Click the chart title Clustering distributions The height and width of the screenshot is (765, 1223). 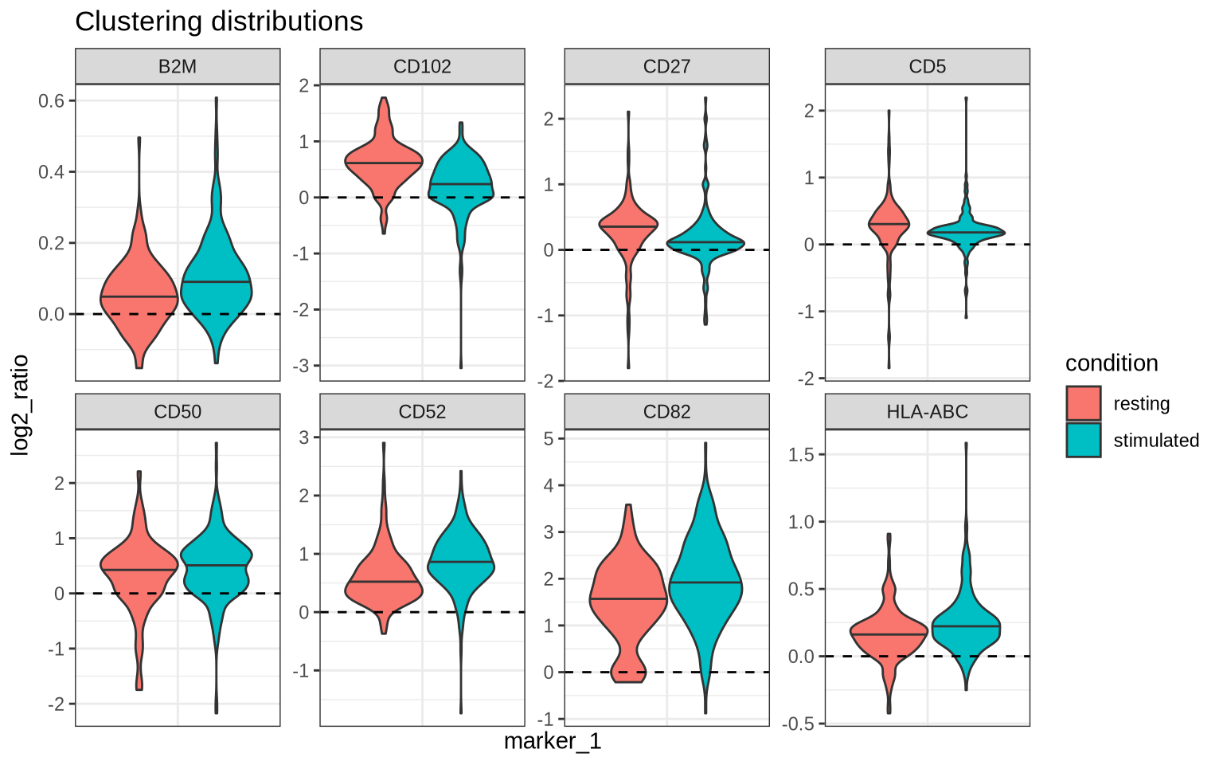coord(219,22)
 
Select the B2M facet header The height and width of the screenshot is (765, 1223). coord(178,66)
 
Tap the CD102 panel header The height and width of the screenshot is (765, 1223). coord(422,66)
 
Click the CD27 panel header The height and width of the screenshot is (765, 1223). coord(666,66)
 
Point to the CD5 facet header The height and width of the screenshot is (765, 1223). coord(927,66)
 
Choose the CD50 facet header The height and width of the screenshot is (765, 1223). coord(178,411)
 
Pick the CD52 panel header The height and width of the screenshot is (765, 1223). coord(422,411)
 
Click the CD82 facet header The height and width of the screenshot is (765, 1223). coord(666,411)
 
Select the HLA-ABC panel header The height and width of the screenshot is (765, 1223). coord(927,411)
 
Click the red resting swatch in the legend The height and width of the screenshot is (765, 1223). coord(1084,403)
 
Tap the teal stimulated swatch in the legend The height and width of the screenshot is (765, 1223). coord(1084,440)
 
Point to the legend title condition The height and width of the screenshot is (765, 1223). coord(1112,363)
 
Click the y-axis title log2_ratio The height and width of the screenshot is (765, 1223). coord(21,405)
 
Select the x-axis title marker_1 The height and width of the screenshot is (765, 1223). coord(553,742)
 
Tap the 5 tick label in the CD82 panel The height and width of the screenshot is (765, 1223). coord(548,438)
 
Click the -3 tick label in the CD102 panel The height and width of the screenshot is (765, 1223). coord(304,366)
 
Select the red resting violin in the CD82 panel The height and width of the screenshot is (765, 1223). coord(628,590)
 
